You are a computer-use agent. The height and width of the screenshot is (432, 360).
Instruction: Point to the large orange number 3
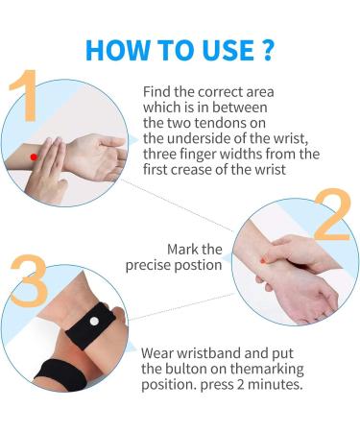[x=30, y=279]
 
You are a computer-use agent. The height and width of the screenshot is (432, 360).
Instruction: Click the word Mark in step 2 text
[x=182, y=250]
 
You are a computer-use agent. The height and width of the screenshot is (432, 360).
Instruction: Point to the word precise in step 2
[x=155, y=266]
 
